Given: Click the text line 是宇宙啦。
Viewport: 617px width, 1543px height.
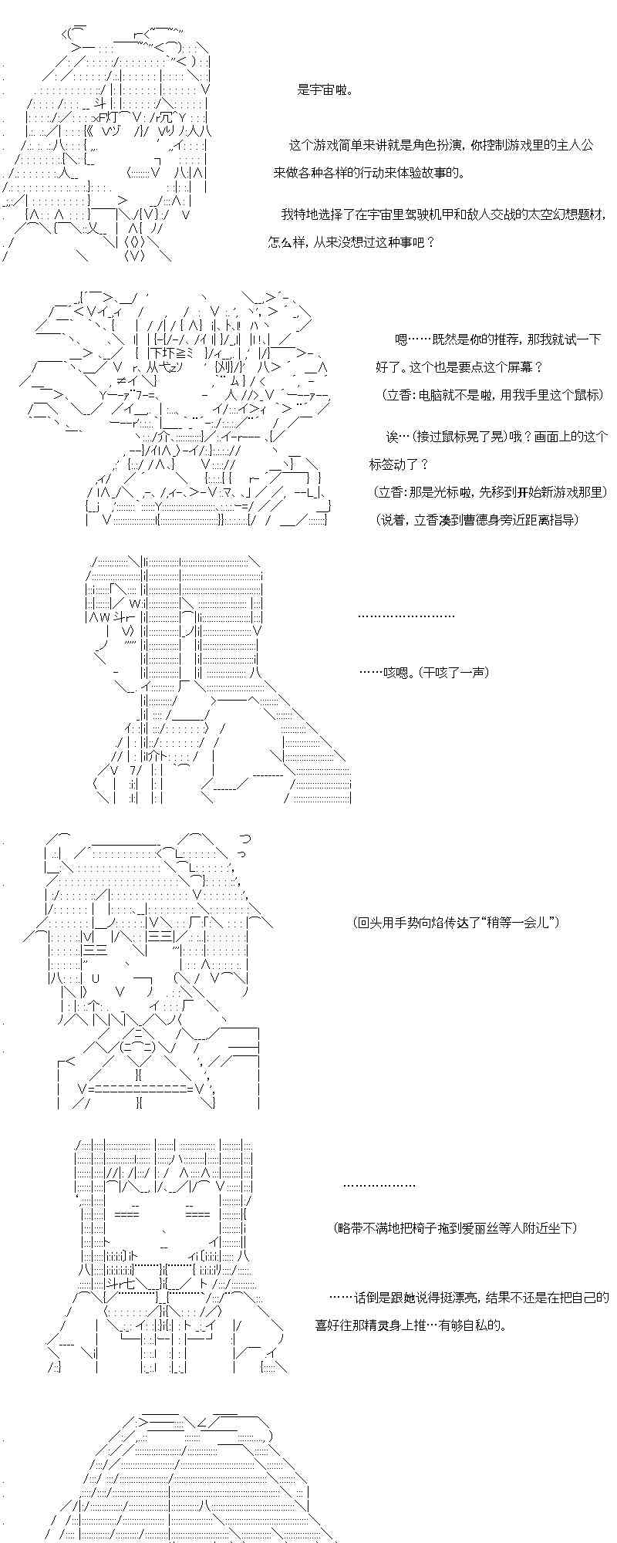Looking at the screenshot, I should point(325,89).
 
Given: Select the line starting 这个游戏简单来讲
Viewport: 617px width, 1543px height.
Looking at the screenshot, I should point(440,145).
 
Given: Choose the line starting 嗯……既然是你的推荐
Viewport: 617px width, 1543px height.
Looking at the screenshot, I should point(497,339).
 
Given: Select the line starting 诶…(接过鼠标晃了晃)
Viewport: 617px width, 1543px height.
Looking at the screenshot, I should point(497,437).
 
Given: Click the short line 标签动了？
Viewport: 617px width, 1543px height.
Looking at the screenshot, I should point(399,464).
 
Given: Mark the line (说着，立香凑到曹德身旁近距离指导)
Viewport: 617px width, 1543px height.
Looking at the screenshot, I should point(478,520).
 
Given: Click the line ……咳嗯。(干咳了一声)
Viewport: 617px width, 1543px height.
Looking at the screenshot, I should point(423,672).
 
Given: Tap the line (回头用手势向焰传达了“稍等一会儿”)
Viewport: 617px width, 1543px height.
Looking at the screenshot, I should point(456,922).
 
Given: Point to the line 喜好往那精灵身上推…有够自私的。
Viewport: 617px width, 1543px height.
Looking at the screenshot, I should point(411,1325).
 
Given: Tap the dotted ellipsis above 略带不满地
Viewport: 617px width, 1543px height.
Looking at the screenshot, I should point(379,1185).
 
